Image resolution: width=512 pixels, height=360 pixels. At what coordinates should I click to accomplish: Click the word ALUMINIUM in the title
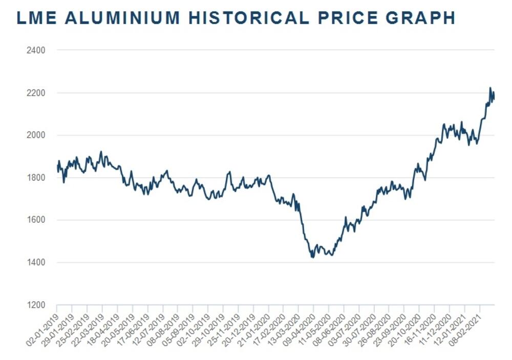(x=122, y=18)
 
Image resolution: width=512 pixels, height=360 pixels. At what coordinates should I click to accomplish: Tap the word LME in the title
(x=37, y=18)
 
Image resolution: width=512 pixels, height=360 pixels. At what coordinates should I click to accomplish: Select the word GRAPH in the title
(x=420, y=18)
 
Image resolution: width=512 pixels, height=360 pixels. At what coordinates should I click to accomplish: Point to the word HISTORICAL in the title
(x=248, y=18)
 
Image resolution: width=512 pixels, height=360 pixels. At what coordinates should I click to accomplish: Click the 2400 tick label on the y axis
(x=37, y=50)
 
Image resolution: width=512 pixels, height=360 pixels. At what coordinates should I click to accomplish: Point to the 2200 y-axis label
(x=37, y=93)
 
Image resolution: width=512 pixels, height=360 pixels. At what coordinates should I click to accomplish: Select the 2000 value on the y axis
(x=37, y=135)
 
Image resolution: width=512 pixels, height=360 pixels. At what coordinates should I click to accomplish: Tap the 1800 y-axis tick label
(x=37, y=178)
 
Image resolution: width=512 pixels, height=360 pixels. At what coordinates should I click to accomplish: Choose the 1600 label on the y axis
(x=37, y=220)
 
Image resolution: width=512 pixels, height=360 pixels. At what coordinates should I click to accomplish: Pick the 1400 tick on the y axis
(x=37, y=263)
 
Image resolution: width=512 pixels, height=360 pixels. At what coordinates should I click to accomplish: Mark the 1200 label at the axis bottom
(x=37, y=305)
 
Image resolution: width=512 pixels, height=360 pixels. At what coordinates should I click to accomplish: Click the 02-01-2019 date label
(x=44, y=325)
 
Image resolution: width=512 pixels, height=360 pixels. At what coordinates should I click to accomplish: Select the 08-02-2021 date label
(x=466, y=325)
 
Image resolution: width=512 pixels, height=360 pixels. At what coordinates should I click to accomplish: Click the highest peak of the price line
(x=490, y=88)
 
